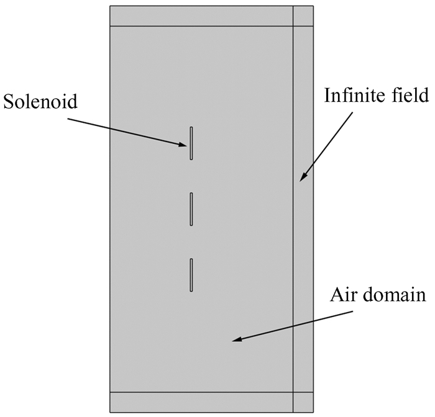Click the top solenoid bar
click(191, 143)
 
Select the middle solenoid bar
click(191, 208)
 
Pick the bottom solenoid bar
click(191, 274)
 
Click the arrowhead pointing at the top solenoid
click(185, 145)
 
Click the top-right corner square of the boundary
click(303, 16)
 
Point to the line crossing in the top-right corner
click(293, 26)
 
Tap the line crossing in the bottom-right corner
click(293, 392)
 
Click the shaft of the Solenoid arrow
click(124, 130)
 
